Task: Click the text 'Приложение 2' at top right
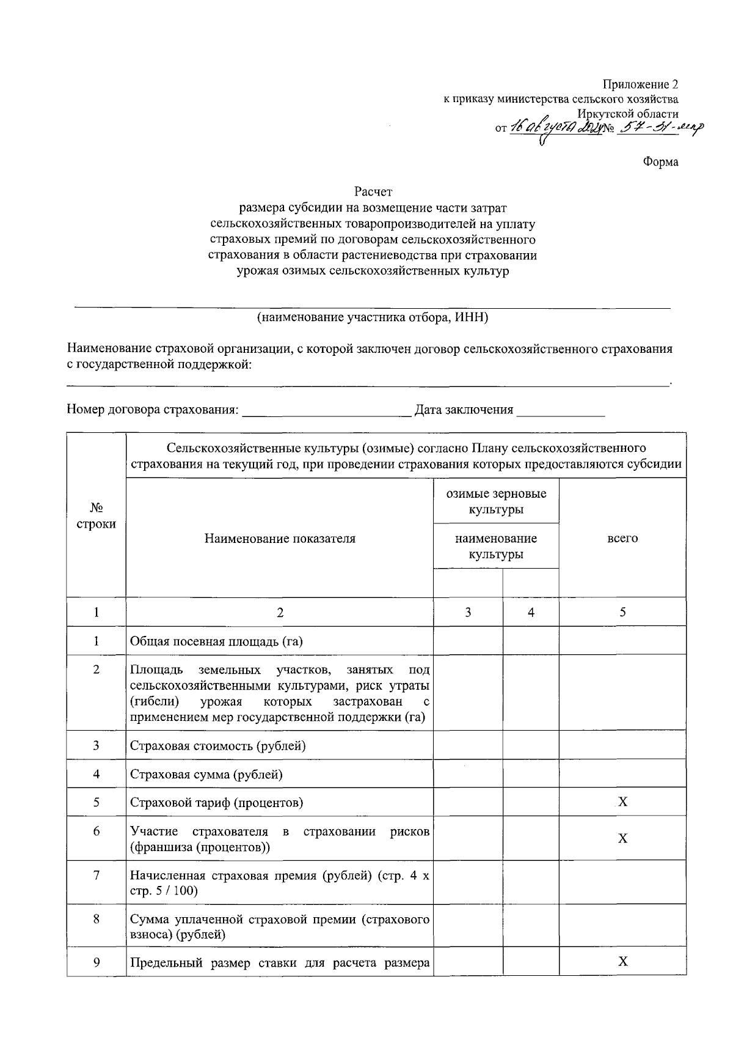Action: click(640, 84)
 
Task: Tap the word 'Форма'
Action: click(660, 162)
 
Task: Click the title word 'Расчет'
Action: click(372, 192)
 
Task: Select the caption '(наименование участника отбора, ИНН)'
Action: click(372, 317)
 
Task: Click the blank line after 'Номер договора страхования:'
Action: click(327, 411)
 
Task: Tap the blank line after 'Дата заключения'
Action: click(560, 411)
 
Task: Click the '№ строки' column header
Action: click(96, 515)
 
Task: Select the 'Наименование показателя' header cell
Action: click(280, 539)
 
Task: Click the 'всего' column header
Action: click(622, 539)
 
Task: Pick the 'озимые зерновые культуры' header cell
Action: click(496, 501)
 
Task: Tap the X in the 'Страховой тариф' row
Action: click(622, 802)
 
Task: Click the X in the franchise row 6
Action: click(622, 838)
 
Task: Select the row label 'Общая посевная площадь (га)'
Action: click(217, 641)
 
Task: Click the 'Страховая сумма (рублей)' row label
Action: click(206, 775)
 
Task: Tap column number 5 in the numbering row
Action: click(622, 612)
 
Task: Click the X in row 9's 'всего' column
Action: click(622, 962)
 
